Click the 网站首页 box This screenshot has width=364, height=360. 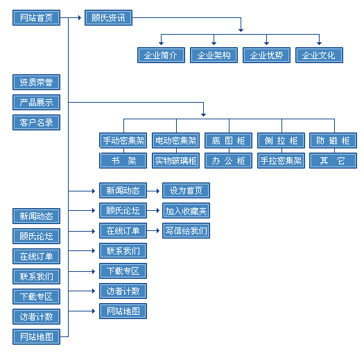click(x=37, y=17)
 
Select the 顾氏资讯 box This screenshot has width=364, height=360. click(x=108, y=17)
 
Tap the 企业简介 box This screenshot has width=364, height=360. click(x=161, y=55)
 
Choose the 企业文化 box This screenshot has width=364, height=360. click(x=319, y=55)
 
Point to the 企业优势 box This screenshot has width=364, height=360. click(x=266, y=55)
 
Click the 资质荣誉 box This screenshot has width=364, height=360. click(x=37, y=83)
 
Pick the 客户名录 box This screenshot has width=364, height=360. click(x=37, y=122)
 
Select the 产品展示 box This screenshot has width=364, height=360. click(x=37, y=103)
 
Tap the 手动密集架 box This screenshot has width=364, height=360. click(x=123, y=141)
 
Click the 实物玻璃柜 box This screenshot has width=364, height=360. click(x=175, y=160)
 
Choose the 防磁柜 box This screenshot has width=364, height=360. click(x=333, y=141)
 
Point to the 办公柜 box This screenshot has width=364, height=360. click(x=228, y=160)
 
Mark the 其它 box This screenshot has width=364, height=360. click(x=333, y=160)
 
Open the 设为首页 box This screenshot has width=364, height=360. click(x=187, y=191)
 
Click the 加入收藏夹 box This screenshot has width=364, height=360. click(x=187, y=211)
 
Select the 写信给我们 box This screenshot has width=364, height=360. click(x=187, y=230)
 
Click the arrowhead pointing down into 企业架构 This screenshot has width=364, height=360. click(x=214, y=44)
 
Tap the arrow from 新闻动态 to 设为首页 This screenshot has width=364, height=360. click(x=153, y=191)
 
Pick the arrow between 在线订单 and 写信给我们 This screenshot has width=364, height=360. click(x=153, y=230)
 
